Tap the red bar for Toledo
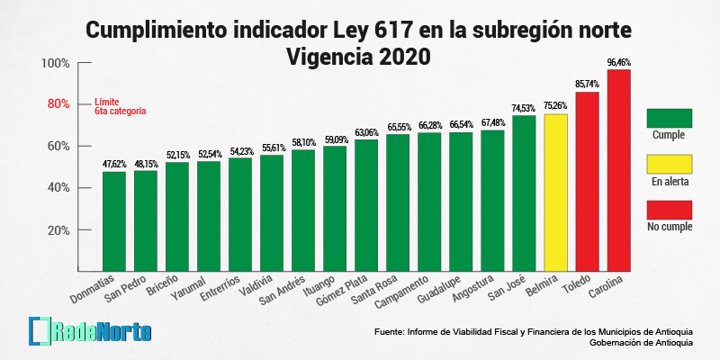click(x=587, y=180)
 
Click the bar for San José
click(x=524, y=193)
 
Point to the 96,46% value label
click(x=619, y=62)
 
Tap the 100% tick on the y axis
click(x=55, y=63)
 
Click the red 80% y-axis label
click(x=58, y=104)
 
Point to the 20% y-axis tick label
click(x=58, y=229)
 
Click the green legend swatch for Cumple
click(x=669, y=118)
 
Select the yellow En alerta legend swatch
click(x=669, y=164)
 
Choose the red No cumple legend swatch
click(x=669, y=210)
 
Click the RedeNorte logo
click(x=90, y=330)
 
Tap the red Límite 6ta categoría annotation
click(x=120, y=107)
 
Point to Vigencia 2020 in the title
click(x=358, y=56)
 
